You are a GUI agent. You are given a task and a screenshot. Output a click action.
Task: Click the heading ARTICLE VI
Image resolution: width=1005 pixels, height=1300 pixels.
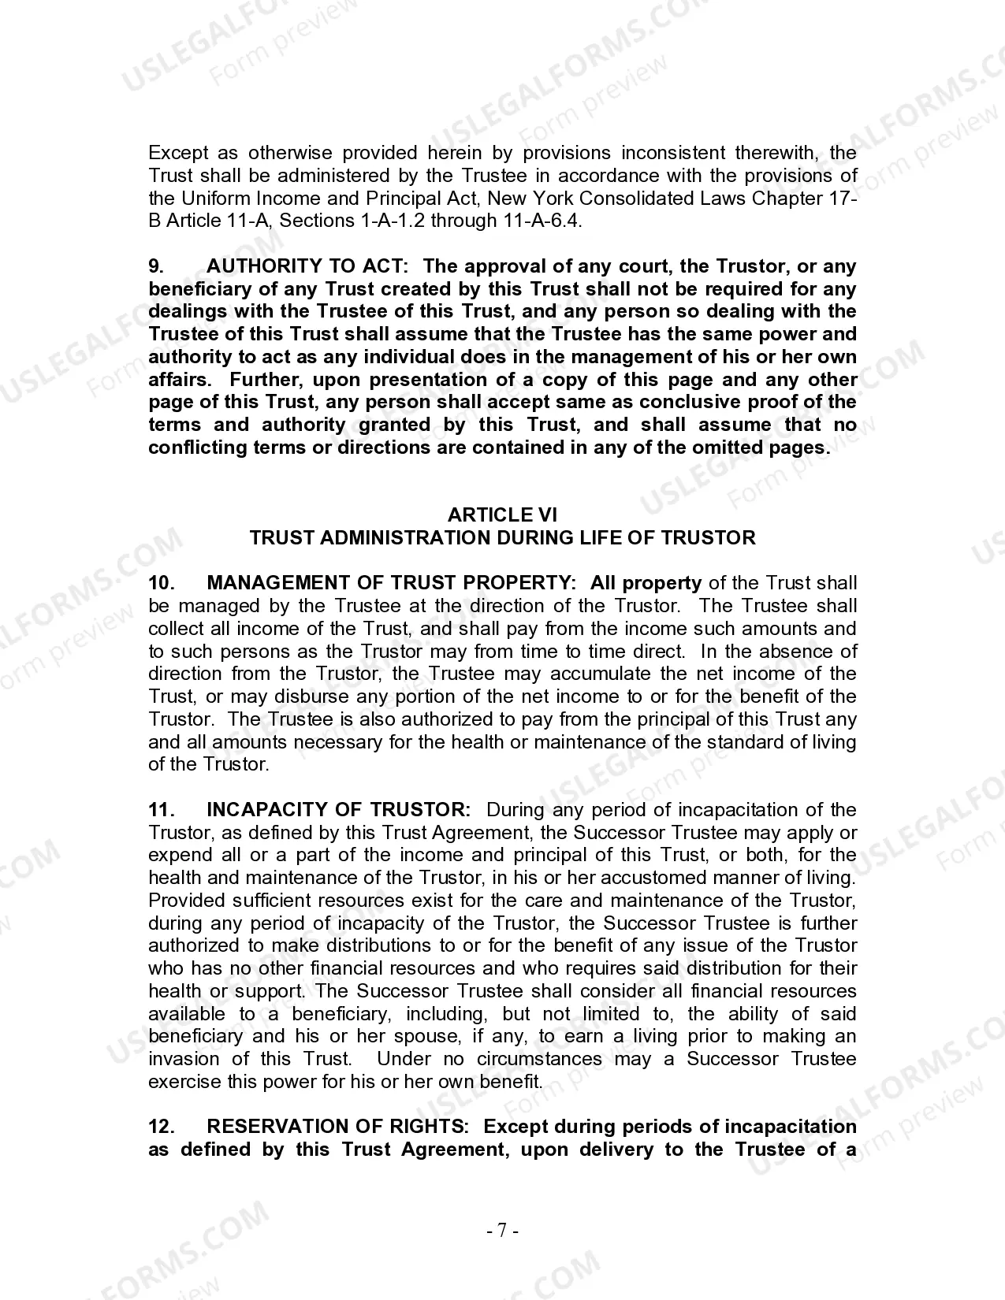click(502, 515)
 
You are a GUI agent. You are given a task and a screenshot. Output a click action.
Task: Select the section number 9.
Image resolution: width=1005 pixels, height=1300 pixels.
click(156, 266)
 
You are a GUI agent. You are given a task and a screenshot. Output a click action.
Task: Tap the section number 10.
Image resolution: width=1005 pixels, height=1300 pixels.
click(160, 583)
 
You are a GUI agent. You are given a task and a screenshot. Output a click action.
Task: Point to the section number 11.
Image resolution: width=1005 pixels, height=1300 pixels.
click(160, 810)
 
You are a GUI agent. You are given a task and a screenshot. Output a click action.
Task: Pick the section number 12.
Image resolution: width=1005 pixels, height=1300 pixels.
click(160, 1127)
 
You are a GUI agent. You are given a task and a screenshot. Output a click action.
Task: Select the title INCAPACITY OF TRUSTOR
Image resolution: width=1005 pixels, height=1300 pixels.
click(338, 810)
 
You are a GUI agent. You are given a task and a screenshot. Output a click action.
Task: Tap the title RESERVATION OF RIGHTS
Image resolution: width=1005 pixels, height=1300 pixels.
click(337, 1127)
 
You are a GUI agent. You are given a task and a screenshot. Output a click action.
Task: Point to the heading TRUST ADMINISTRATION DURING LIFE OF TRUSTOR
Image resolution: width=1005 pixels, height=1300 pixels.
click(502, 538)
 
